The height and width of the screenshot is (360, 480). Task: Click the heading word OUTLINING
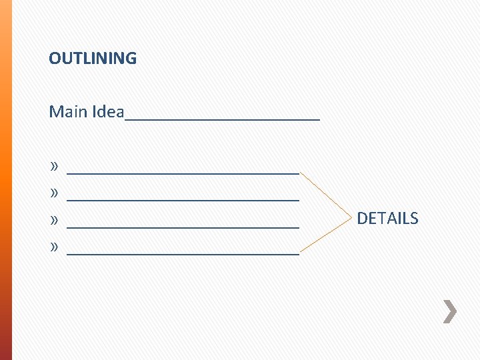[93, 59]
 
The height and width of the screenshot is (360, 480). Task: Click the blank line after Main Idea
[223, 119]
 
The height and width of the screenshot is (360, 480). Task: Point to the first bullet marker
[54, 165]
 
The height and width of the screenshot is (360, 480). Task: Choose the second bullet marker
[54, 193]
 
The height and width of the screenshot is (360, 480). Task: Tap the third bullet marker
[54, 220]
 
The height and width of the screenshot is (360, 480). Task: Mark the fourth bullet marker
[54, 247]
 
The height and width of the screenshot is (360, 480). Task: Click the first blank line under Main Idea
[183, 172]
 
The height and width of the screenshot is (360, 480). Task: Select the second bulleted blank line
[183, 199]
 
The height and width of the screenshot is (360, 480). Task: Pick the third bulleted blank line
[183, 227]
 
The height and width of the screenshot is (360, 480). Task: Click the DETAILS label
[387, 219]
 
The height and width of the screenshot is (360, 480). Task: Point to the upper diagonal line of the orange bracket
[325, 194]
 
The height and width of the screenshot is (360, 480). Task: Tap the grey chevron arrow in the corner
[451, 311]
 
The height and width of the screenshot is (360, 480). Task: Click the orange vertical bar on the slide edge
[5, 180]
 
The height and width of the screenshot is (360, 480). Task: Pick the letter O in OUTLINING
[54, 59]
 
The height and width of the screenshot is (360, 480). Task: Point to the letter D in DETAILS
[362, 219]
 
